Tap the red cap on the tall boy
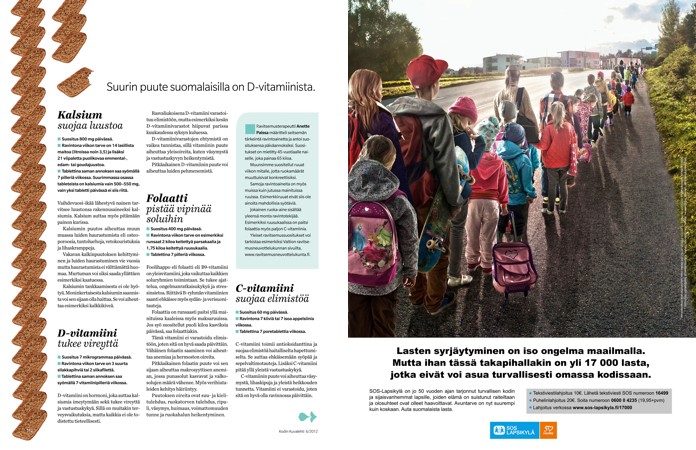(427, 71)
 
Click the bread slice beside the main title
(75, 84)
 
